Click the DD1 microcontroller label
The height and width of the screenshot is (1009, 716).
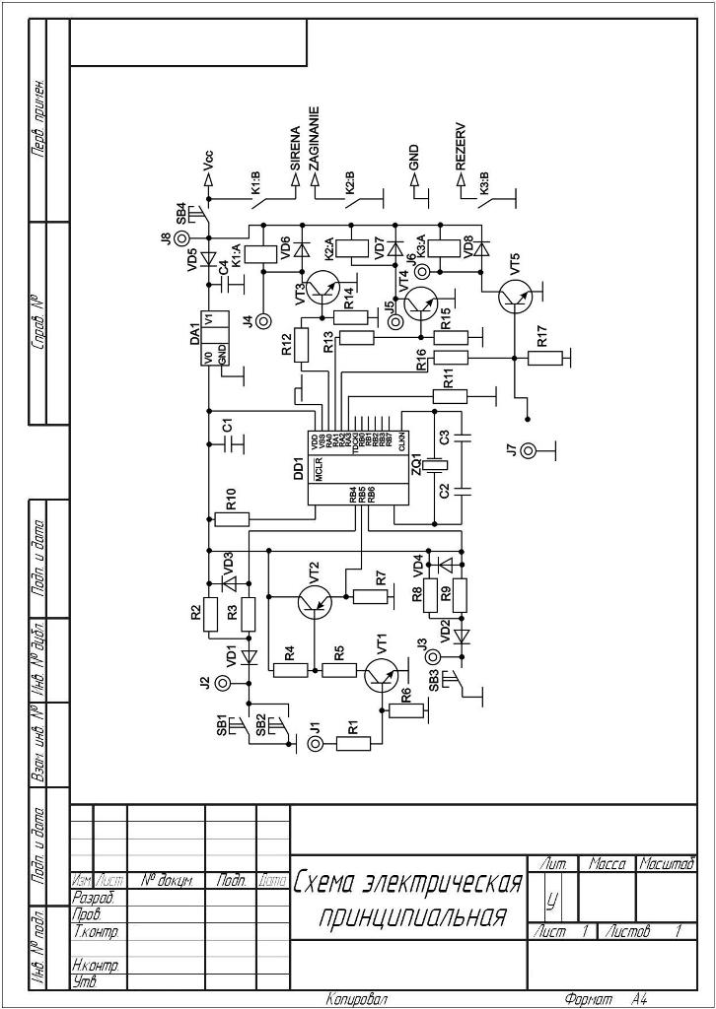tap(299, 467)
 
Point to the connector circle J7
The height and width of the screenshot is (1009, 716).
tap(530, 451)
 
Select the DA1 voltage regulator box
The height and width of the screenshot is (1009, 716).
tap(222, 339)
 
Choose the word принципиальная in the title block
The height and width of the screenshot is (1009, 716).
tap(412, 918)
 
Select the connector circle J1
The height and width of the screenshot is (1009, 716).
tap(315, 744)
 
